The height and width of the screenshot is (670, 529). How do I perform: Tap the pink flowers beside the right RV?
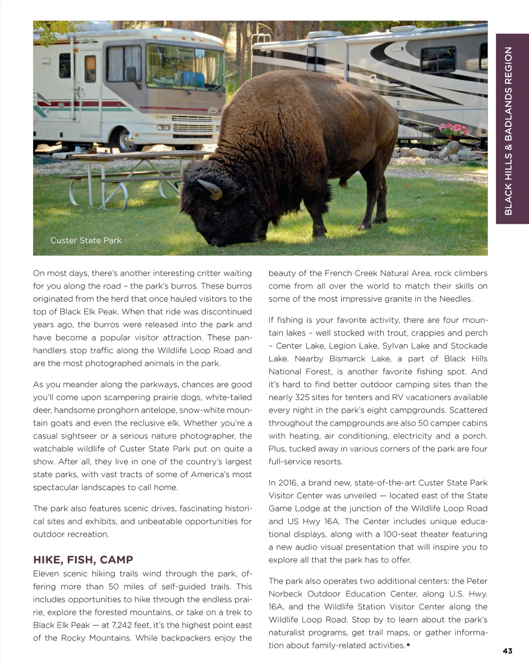click(x=453, y=129)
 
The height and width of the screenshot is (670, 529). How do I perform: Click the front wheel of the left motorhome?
click(x=126, y=138)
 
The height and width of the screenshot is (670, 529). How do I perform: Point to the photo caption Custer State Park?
click(x=86, y=240)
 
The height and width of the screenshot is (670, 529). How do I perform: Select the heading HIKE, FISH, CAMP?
click(x=83, y=560)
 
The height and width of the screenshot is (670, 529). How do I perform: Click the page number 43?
click(x=507, y=651)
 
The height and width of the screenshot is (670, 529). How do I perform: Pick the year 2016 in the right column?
click(x=287, y=483)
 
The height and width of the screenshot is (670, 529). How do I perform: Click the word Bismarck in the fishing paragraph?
click(x=348, y=359)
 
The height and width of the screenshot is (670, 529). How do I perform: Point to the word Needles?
click(x=455, y=299)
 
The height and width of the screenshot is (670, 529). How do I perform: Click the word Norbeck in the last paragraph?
click(x=285, y=594)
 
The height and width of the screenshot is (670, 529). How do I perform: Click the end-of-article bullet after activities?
click(x=408, y=645)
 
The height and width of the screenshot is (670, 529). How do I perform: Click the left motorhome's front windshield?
click(x=183, y=67)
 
